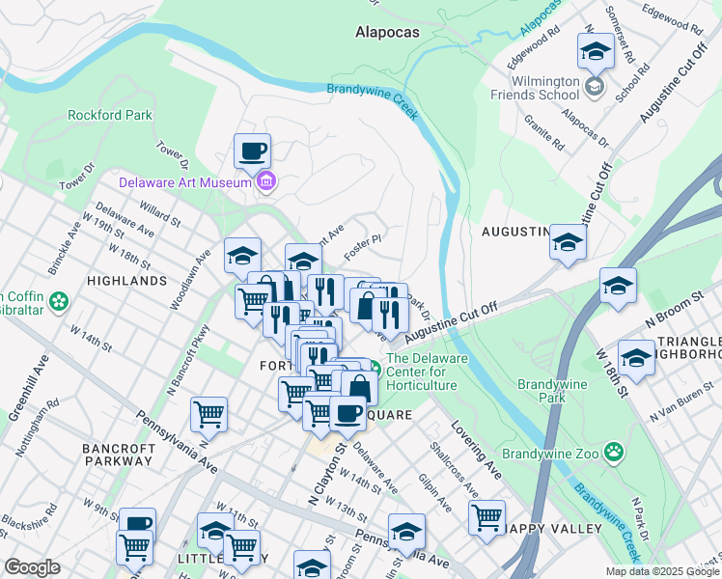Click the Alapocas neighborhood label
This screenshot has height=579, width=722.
[387, 31]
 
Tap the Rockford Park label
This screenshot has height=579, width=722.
[110, 116]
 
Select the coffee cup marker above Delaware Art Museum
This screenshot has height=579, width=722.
[253, 152]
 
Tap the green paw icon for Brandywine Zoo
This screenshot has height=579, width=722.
[614, 452]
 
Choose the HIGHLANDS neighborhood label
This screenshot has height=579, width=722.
[126, 281]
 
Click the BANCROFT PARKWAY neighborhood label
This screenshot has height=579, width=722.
[119, 455]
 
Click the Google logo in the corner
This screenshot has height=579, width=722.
[32, 567]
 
